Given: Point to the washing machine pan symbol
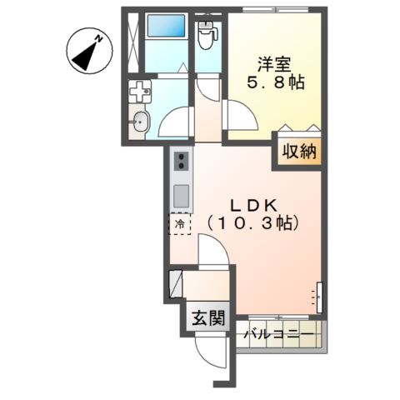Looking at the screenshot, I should click(139, 91).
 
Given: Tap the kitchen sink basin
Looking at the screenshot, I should click(180, 197).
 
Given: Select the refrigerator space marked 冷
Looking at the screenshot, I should click(179, 223).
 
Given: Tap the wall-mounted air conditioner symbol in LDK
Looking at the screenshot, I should click(317, 293).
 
